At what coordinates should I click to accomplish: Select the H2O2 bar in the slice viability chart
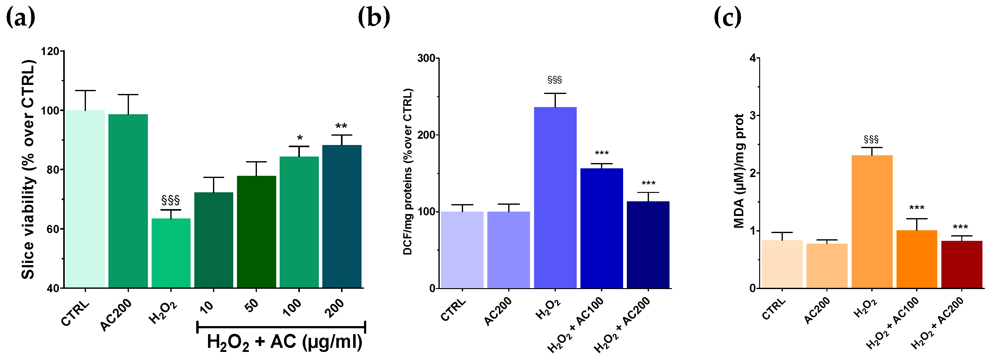pos(171,253)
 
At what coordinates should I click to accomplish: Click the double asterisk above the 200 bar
pos(341,126)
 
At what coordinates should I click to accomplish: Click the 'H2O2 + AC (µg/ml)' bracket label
pos(284,342)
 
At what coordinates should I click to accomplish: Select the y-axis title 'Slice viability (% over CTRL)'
pos(28,169)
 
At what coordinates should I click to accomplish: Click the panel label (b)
pos(374,18)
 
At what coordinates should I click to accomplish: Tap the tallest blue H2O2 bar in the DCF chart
pos(555,197)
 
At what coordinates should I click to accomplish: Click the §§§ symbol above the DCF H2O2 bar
pos(555,80)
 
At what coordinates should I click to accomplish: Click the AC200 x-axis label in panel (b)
pos(498,311)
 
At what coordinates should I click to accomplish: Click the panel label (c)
pos(727,18)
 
